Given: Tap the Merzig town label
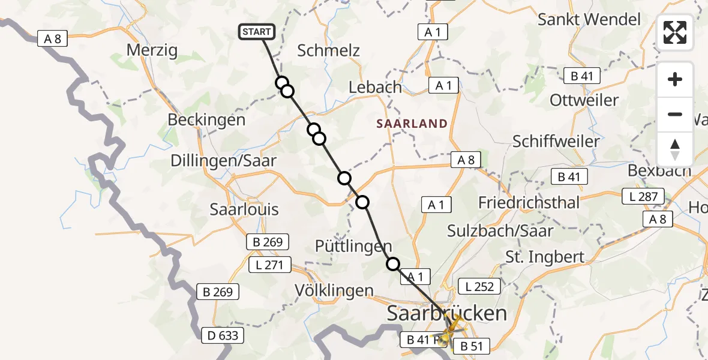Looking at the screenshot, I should pos(152,50).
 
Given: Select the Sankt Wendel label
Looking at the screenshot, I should pos(589,19).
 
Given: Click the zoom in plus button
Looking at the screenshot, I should pos(675,79).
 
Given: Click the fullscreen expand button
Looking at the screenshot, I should pos(675,32).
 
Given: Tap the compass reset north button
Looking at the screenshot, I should pos(675,149).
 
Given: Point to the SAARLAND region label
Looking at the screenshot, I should pos(412,124).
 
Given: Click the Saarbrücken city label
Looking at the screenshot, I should pos(447,313).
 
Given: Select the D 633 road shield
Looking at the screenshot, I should pos(223,335).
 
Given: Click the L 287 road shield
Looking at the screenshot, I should pos(643,196).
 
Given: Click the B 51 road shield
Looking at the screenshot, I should pos(472,346).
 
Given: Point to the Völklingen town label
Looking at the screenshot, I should pos(334,291).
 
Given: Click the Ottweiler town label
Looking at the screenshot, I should pos(584,100).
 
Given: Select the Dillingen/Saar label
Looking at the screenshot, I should pos(224,160).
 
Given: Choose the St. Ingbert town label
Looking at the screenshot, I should pos(545,257).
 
